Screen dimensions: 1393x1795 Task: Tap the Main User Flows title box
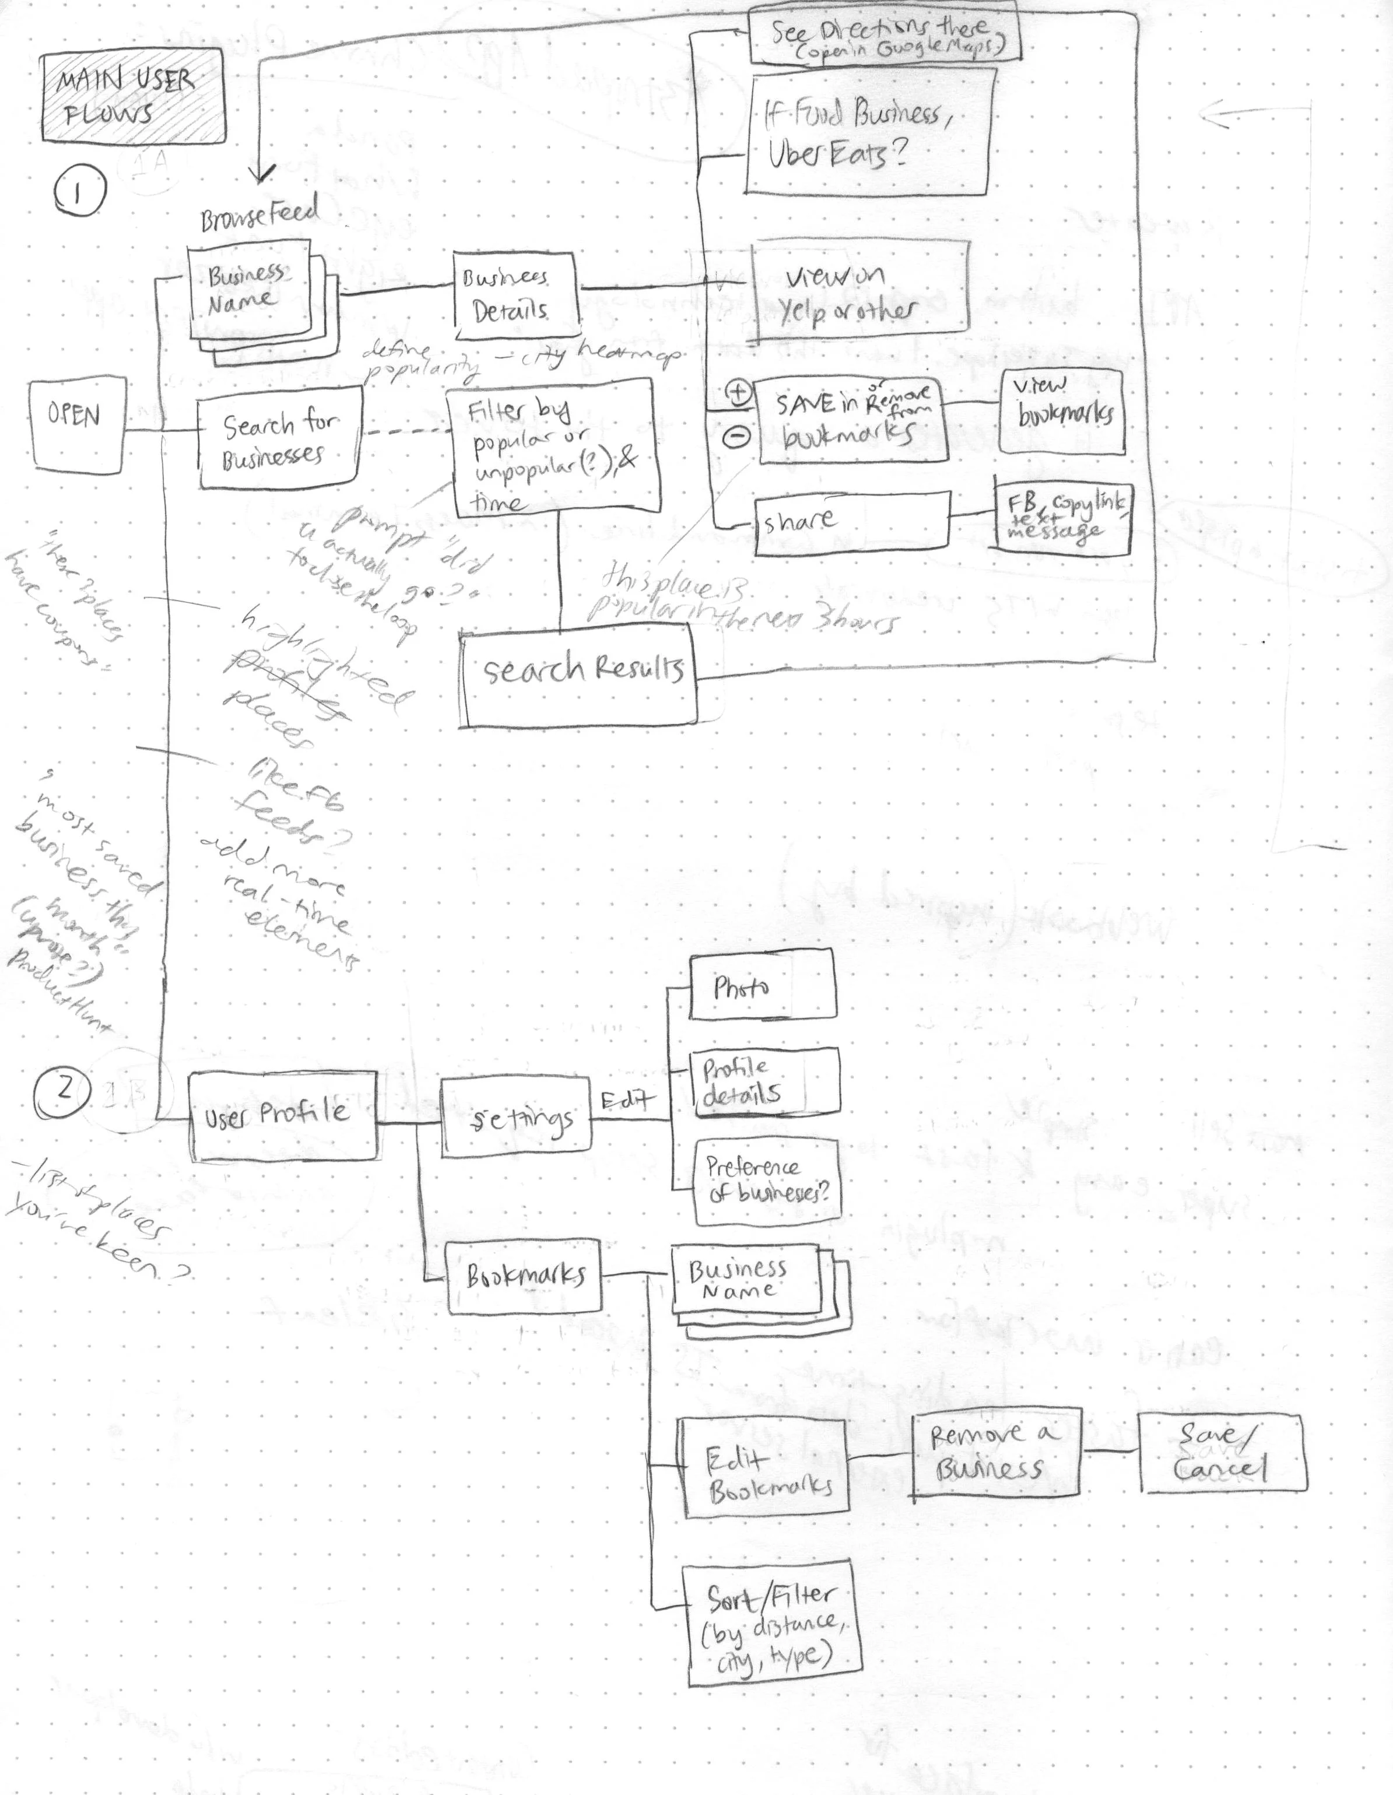[x=132, y=96]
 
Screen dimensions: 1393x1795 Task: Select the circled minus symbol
[x=737, y=438]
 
